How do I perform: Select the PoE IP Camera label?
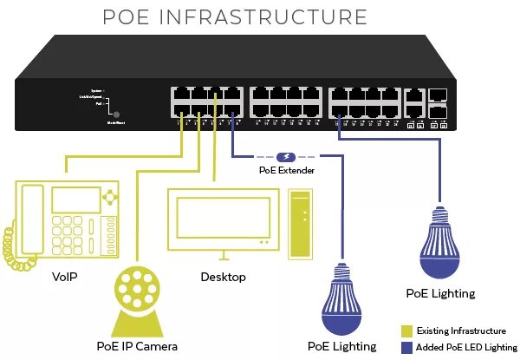click(x=139, y=346)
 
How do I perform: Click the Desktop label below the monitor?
click(x=223, y=277)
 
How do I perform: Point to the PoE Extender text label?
click(x=286, y=171)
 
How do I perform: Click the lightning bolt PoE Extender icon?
click(x=287, y=157)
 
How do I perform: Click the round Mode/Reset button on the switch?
click(x=118, y=114)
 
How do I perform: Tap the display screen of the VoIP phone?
click(x=75, y=200)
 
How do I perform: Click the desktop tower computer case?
click(x=299, y=225)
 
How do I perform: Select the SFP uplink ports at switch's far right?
click(x=439, y=103)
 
